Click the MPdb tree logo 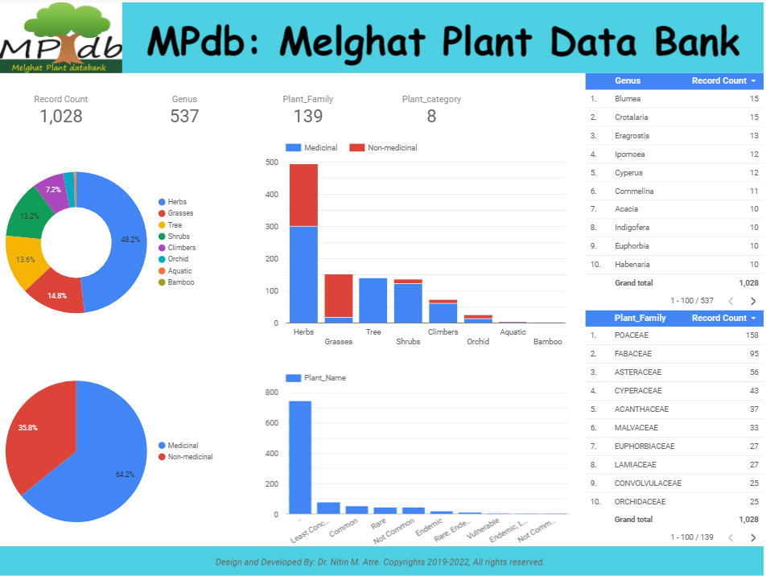click(61, 38)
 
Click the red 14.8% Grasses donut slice click(56, 294)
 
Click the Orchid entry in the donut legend click(178, 259)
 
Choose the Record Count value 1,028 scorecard click(61, 116)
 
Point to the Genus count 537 click(184, 116)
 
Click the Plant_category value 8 click(431, 116)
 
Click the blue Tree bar click(373, 300)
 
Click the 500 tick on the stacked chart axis click(272, 163)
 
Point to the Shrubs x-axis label click(408, 342)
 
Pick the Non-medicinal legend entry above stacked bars click(392, 148)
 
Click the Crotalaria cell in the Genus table click(632, 117)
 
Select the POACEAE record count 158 click(752, 335)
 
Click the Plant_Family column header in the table click(640, 318)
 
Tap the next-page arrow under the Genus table click(753, 301)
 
